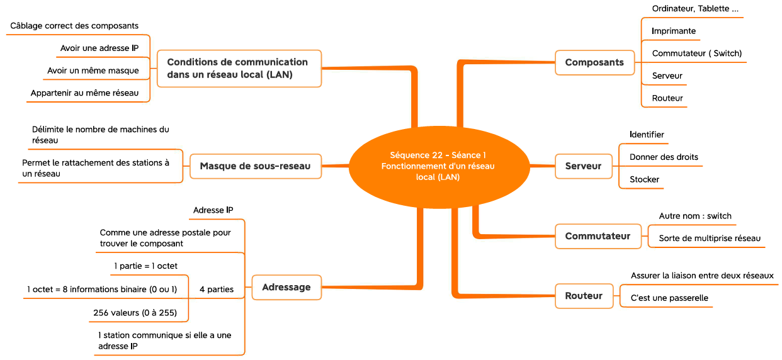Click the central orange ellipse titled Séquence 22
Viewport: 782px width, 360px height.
439,167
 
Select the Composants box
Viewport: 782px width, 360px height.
594,62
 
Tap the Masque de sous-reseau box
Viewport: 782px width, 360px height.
256,166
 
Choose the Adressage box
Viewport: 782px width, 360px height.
286,287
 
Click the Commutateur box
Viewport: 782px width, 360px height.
598,236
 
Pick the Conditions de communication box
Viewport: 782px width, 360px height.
239,69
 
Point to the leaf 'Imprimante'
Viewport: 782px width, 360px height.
674,31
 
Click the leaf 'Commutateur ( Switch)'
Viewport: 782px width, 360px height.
697,53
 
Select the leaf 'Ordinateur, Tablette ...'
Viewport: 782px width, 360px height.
695,9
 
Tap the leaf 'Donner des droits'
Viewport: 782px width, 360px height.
664,157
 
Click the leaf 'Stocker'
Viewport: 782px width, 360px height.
645,179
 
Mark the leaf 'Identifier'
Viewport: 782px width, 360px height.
647,135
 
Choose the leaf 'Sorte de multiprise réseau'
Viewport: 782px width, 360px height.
710,239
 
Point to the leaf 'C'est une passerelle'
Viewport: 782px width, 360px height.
669,298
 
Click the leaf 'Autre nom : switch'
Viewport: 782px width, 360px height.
695,216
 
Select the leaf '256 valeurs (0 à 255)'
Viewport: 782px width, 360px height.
135,313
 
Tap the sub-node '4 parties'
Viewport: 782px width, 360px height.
217,289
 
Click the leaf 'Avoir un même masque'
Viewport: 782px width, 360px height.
93,70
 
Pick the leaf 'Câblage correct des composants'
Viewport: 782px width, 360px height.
74,26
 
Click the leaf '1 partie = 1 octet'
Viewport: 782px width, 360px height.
145,266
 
